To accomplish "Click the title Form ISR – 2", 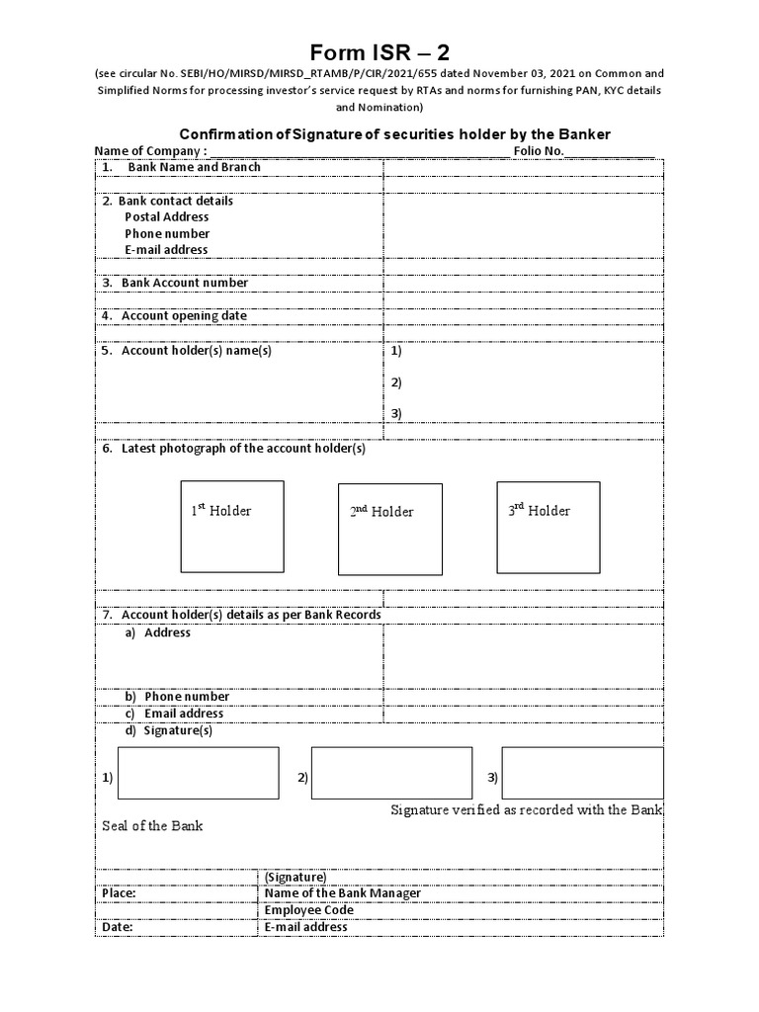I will coord(380,51).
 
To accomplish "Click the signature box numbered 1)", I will coord(198,773).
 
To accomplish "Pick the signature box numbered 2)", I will coord(391,773).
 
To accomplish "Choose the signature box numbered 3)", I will coord(582,773).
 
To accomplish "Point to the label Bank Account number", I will coord(184,283).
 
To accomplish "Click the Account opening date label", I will coord(184,316).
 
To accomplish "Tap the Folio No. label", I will coord(538,150).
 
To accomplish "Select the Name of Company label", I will coord(150,150).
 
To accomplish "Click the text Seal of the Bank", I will coord(152,825).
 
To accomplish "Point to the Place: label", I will coord(119,893).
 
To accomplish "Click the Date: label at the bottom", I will coord(118,927).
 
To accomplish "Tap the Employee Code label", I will coord(308,910).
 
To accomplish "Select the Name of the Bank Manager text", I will coord(342,893).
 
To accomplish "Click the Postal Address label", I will coord(167,217).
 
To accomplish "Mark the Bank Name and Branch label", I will coord(194,167).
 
